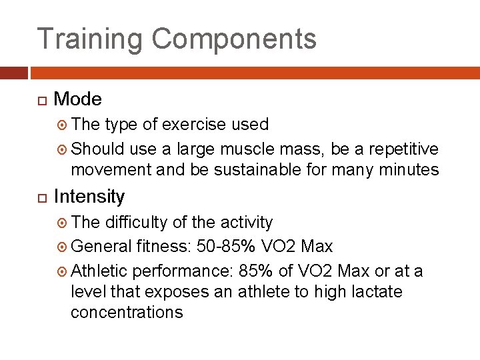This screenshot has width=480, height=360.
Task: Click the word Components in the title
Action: pos(234,39)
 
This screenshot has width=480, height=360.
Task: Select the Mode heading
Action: pos(77,99)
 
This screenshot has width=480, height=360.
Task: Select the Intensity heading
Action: pos(89,197)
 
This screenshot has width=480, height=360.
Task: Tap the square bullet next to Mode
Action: pos(41,101)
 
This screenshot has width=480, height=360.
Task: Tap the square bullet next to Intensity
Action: pos(41,198)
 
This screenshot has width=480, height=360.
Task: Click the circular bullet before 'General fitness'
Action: pos(63,247)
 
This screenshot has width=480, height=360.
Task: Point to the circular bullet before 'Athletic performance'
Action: pos(63,271)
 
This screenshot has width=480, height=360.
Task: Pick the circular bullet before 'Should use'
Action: pos(63,149)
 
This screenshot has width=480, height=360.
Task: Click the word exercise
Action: pos(195,125)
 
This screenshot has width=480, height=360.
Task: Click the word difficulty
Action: pos(138,222)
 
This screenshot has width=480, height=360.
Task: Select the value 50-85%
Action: pos(226,247)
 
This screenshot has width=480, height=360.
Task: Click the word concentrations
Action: pos(127,313)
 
